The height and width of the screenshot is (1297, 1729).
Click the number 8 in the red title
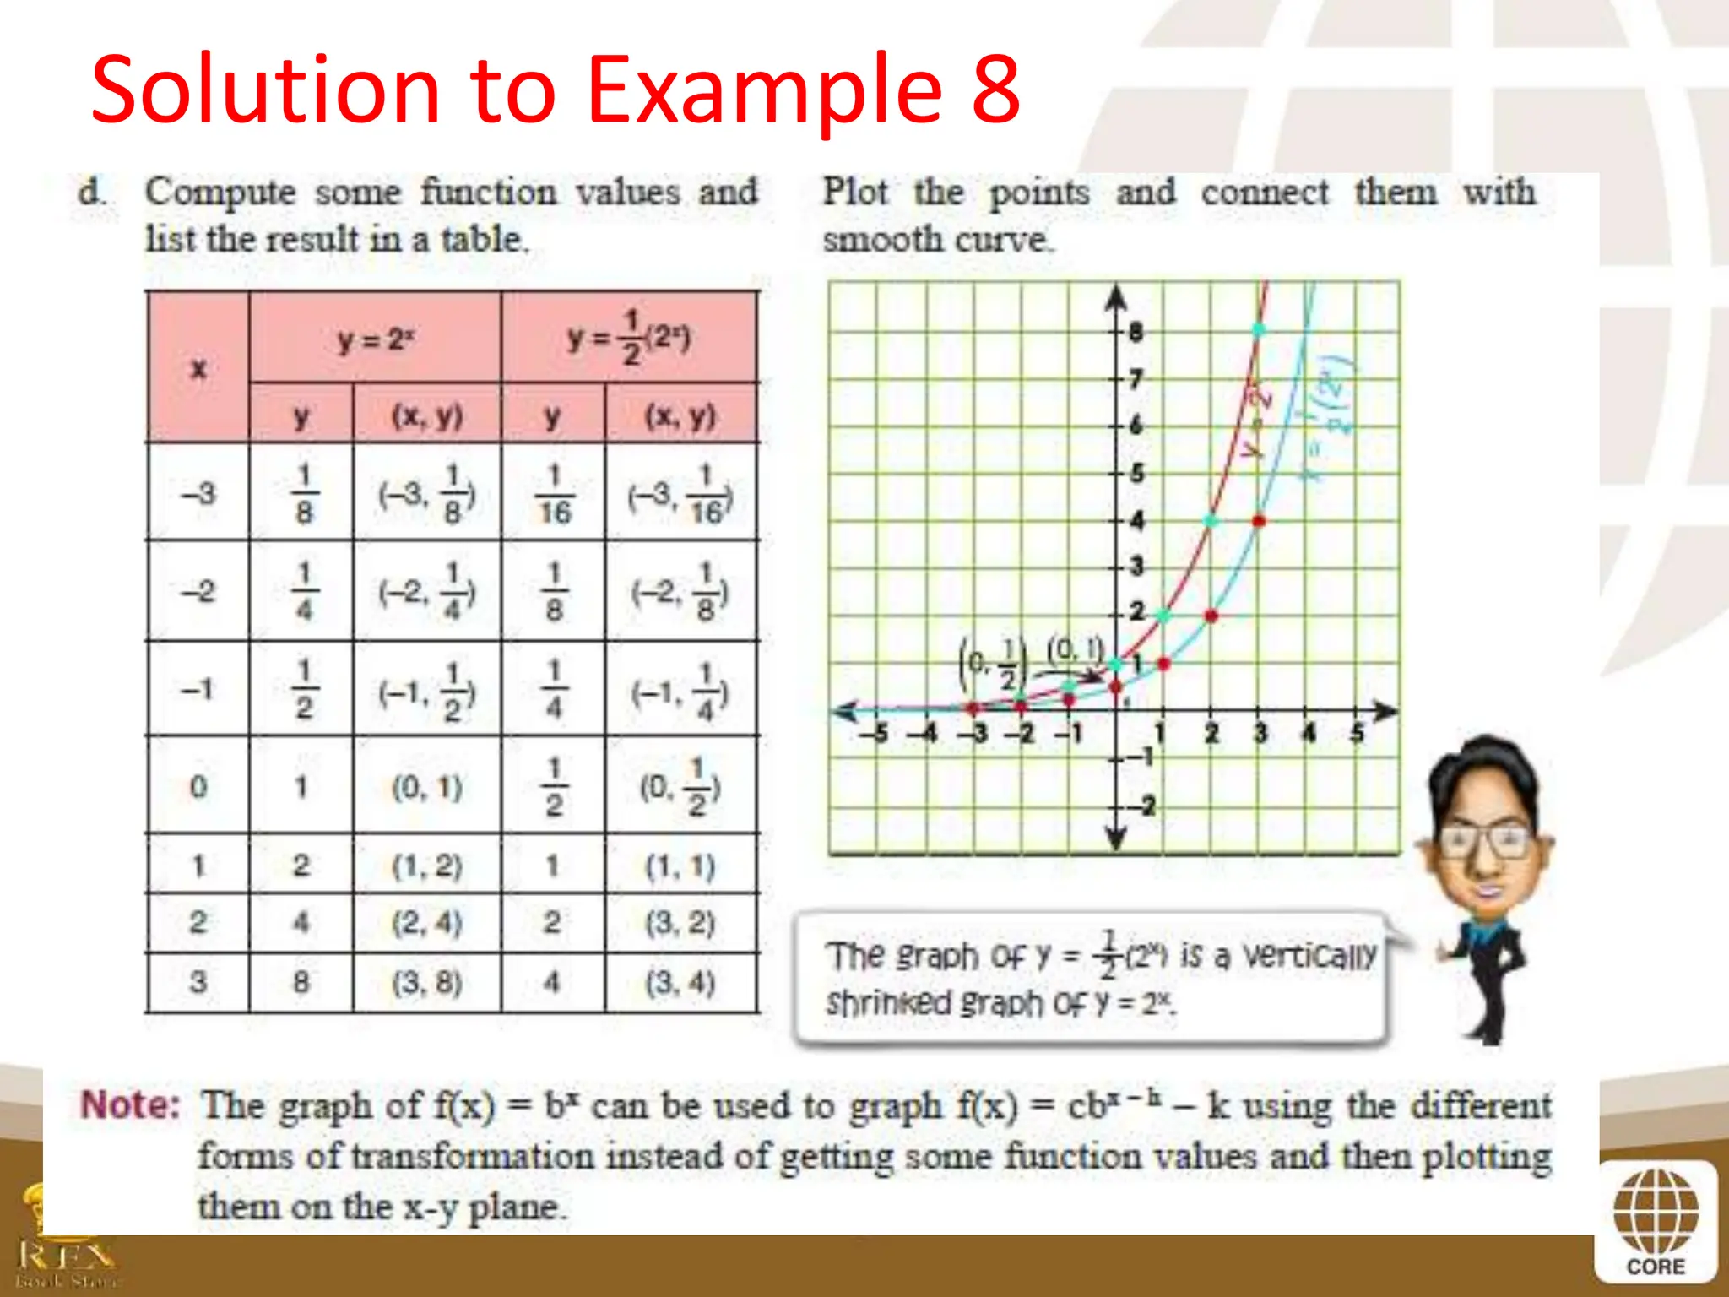pyautogui.click(x=995, y=90)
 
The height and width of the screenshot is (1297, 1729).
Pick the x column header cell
pyautogui.click(x=198, y=369)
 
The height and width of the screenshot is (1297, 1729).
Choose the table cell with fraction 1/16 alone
pyautogui.click(x=554, y=494)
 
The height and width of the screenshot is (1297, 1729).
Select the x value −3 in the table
pyautogui.click(x=198, y=494)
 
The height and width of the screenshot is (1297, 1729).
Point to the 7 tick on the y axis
pyautogui.click(x=1136, y=379)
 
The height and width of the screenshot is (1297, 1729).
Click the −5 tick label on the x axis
pyautogui.click(x=875, y=733)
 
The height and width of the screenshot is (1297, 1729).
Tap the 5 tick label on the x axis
pyautogui.click(x=1356, y=733)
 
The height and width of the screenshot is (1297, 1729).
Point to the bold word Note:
pyautogui.click(x=130, y=1105)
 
